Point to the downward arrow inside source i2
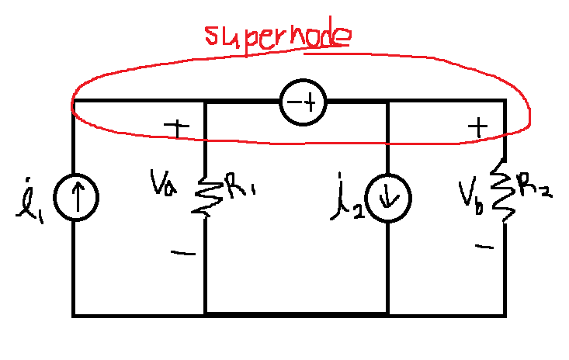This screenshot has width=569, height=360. tap(388, 199)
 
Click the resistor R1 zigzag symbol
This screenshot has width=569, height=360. tap(207, 196)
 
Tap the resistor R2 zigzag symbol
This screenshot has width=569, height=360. tap(503, 190)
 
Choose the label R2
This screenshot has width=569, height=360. tap(535, 186)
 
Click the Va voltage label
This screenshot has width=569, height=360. tap(163, 182)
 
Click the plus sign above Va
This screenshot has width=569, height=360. tap(177, 128)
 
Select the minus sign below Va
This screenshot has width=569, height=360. tap(183, 253)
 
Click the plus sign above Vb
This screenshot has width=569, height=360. tap(478, 127)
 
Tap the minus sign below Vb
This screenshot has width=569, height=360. tap(484, 247)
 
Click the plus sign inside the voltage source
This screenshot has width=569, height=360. tap(311, 102)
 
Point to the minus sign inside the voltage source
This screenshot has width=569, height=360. tap(294, 102)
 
